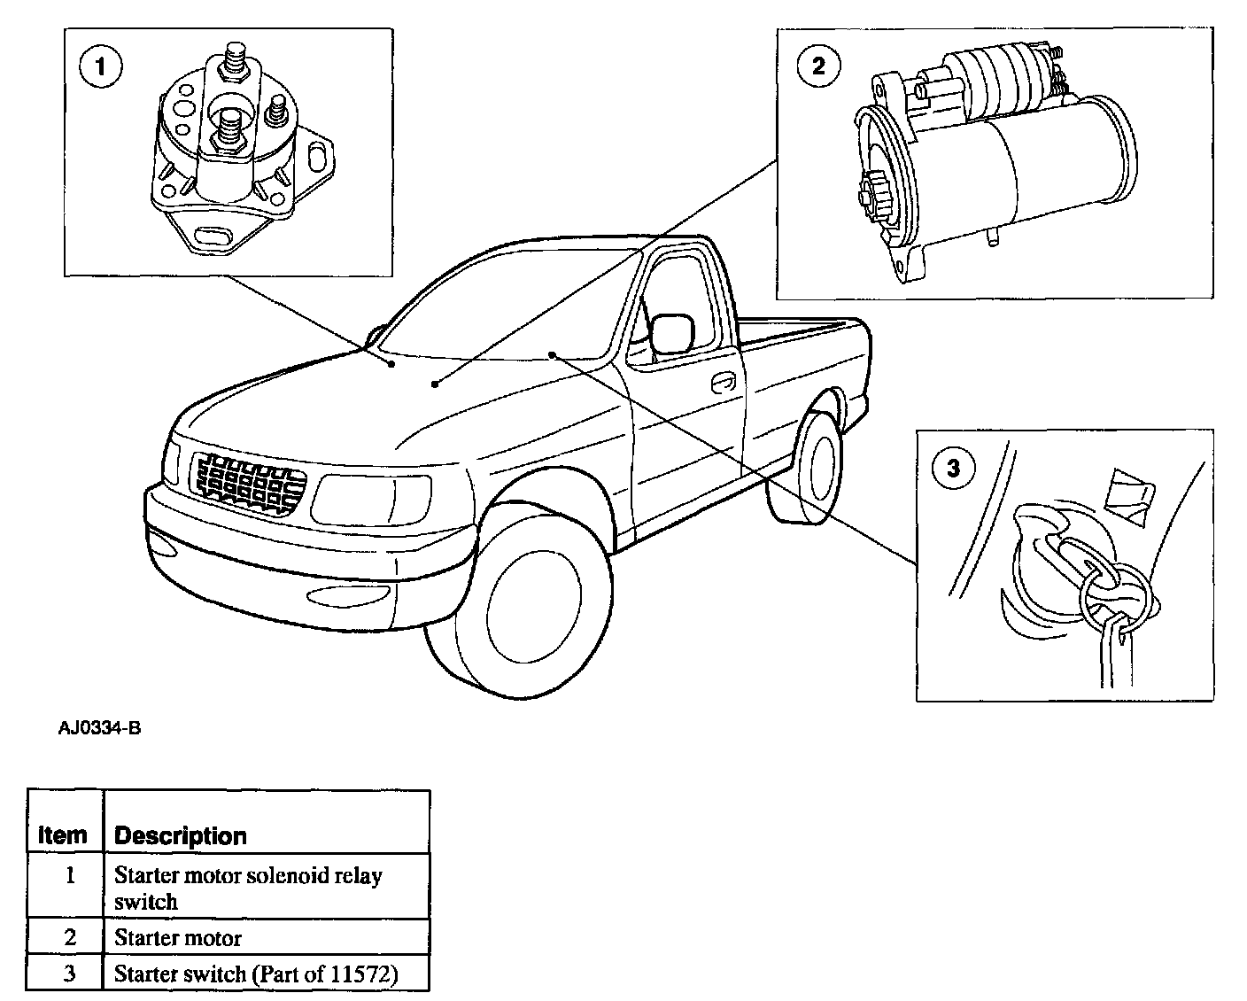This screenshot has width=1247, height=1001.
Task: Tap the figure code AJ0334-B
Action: pyautogui.click(x=99, y=729)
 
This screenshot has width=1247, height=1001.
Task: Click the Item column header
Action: pyautogui.click(x=64, y=834)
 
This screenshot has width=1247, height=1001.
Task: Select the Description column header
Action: pyautogui.click(x=181, y=835)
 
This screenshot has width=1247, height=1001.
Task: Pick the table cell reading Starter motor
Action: pyautogui.click(x=178, y=937)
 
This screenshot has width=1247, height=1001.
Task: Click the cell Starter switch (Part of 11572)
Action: pyautogui.click(x=256, y=974)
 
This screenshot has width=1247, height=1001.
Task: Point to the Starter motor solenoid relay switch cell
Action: pyautogui.click(x=248, y=888)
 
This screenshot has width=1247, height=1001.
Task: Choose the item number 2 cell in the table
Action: pyautogui.click(x=70, y=937)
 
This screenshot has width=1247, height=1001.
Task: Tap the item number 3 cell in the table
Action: pyautogui.click(x=70, y=974)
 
